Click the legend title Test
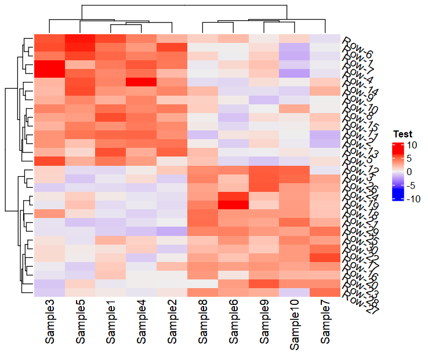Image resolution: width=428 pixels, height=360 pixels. (x=402, y=134)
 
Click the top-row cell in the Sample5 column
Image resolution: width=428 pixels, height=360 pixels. (x=80, y=38)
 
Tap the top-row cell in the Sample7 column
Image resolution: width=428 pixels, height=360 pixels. (x=325, y=38)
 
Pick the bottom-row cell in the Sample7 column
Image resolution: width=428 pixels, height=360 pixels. (x=325, y=293)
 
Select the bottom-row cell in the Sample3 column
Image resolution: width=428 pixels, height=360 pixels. (x=49, y=293)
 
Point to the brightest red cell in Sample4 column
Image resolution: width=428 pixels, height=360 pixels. (x=141, y=82)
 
